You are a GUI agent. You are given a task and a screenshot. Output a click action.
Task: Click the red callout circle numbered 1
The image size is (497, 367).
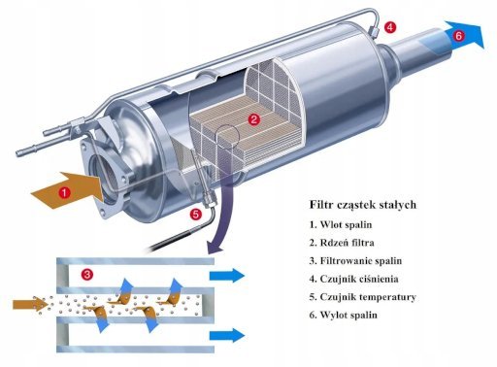pyautogui.click(x=65, y=193)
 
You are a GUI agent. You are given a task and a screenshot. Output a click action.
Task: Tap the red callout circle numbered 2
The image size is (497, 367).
pyautogui.click(x=254, y=119)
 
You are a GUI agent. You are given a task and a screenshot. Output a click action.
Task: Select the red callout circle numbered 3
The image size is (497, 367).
pyautogui.click(x=87, y=275)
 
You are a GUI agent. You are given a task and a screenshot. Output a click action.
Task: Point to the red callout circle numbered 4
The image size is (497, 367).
pyautogui.click(x=390, y=27)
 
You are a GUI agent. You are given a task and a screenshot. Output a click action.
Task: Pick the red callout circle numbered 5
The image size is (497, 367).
pyautogui.click(x=196, y=215)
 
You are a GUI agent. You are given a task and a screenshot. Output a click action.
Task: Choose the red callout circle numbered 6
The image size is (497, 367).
pyautogui.click(x=459, y=36)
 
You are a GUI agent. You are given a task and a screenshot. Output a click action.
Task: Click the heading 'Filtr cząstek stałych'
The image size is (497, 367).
pyautogui.click(x=363, y=205)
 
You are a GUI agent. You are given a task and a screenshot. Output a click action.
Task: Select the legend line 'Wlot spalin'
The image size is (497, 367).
pyautogui.click(x=341, y=224)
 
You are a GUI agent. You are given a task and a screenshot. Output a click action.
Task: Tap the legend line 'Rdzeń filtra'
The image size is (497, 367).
pyautogui.click(x=342, y=243)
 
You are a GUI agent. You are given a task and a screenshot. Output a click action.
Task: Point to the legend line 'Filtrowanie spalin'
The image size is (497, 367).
pyautogui.click(x=355, y=260)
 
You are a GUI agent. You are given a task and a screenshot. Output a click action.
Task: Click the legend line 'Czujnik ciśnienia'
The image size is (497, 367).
pyautogui.click(x=354, y=279)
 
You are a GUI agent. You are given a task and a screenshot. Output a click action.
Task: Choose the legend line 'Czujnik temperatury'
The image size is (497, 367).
pyautogui.click(x=363, y=297)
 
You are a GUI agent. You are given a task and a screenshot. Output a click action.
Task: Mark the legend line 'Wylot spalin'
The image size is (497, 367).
pyautogui.click(x=344, y=315)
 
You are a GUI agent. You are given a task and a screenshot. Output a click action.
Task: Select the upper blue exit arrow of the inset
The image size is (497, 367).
pyautogui.click(x=227, y=276)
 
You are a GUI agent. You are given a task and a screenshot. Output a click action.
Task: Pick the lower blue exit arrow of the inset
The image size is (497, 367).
pyautogui.click(x=227, y=335)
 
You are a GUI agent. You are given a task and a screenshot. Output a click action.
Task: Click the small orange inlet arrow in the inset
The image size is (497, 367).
pyautogui.click(x=31, y=304)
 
